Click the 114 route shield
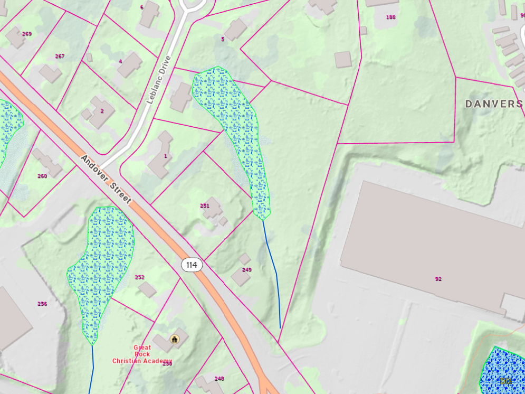(192, 265)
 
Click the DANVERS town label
(494, 104)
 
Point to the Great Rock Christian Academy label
(142, 354)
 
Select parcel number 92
(438, 279)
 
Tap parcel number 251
(205, 206)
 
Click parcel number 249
(247, 270)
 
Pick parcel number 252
(140, 277)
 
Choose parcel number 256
(42, 304)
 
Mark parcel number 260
(42, 176)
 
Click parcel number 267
(60, 57)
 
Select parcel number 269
(27, 34)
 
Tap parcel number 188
(390, 17)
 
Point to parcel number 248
(219, 379)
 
